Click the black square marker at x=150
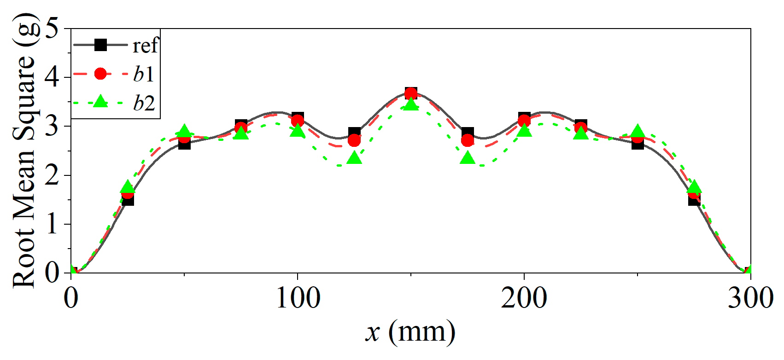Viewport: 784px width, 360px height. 411,93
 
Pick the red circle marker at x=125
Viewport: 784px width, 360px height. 354,140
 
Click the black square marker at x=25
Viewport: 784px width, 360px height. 128,199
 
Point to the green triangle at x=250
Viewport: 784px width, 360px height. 638,132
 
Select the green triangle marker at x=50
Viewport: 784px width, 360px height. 184,132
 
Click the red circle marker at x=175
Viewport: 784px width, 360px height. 468,140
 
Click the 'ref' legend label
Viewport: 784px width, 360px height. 145,46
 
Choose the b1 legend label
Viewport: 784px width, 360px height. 143,74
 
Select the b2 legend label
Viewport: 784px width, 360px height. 143,103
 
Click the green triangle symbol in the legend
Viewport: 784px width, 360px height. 100,102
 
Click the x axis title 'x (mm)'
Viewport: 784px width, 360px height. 410,332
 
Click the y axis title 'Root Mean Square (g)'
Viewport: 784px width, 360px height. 24,152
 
